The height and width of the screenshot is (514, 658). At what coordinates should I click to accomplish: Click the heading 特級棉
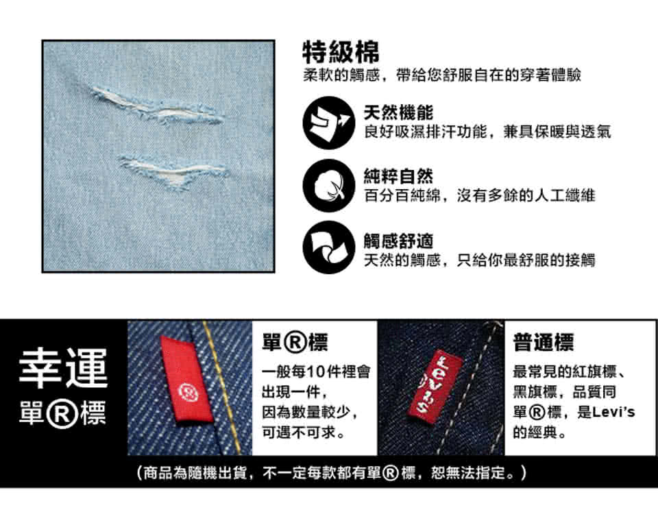point(341,52)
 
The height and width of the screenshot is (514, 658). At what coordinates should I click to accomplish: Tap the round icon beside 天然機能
point(329,123)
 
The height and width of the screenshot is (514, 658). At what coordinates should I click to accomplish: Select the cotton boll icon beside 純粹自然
point(329,186)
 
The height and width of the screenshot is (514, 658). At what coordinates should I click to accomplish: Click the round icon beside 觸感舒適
point(329,247)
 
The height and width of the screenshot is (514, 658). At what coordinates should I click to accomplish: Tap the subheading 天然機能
point(398,113)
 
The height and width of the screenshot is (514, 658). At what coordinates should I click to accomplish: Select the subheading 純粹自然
point(398,176)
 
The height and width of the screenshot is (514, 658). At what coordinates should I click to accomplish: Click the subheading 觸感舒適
point(398,241)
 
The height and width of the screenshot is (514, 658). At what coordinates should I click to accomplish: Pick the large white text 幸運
point(63,369)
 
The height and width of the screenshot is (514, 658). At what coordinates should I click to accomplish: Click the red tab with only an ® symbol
point(186,380)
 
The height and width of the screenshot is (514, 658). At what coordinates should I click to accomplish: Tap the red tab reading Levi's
point(435,384)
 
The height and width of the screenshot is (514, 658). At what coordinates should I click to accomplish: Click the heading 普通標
point(543,342)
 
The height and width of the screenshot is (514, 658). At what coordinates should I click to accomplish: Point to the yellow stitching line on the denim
point(221,388)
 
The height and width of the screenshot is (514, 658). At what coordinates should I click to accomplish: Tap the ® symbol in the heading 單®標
point(296,343)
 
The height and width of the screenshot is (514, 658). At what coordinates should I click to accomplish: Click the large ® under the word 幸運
point(62,413)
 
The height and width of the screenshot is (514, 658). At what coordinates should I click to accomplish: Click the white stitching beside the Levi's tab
point(472,388)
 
